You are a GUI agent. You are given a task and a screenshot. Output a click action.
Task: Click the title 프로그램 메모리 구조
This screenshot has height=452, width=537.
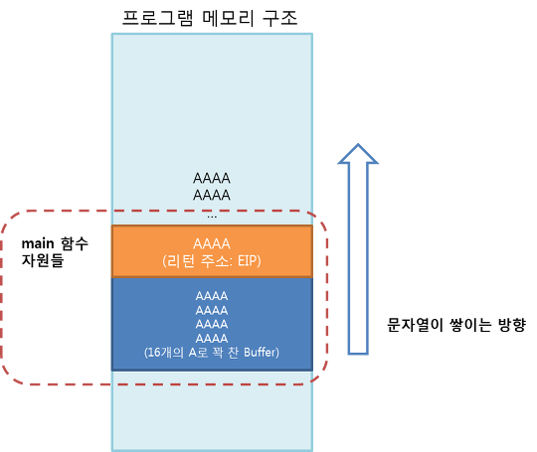click(x=210, y=18)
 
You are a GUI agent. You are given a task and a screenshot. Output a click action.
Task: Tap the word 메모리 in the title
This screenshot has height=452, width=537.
click(x=228, y=18)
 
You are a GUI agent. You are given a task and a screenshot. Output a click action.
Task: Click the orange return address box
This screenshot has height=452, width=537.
click(x=212, y=251)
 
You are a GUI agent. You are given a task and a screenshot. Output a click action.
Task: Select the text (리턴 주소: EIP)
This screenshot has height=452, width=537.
click(x=212, y=261)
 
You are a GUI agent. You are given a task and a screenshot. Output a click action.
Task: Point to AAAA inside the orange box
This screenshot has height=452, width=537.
click(x=212, y=244)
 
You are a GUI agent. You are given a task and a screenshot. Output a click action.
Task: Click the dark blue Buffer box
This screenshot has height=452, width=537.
click(x=212, y=324)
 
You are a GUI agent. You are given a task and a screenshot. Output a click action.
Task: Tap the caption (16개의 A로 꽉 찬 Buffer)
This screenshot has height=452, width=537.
click(x=212, y=352)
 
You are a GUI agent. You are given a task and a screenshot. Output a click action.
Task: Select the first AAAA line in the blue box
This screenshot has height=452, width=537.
click(x=212, y=296)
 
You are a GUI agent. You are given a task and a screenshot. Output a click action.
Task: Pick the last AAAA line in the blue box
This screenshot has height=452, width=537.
click(x=212, y=339)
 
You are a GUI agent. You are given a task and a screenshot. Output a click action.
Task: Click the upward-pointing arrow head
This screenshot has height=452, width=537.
click(x=358, y=154)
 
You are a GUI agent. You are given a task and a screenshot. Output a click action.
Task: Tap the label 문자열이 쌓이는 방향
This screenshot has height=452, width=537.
click(x=455, y=325)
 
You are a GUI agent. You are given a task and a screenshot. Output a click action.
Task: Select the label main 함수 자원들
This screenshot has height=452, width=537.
click(x=55, y=252)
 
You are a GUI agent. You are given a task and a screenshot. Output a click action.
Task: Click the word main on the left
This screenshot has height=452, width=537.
click(x=38, y=244)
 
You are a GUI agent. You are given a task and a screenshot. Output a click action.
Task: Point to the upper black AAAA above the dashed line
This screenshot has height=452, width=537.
click(x=212, y=178)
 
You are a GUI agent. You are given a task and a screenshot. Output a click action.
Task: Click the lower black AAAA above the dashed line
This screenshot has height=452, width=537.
click(x=212, y=196)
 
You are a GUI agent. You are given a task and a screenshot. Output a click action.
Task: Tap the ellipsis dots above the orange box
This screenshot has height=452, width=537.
click(x=212, y=217)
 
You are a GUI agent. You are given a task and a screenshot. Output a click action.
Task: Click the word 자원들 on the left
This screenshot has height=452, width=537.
click(x=43, y=260)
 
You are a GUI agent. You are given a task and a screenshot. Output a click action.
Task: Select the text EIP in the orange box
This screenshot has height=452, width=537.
click(x=248, y=261)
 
